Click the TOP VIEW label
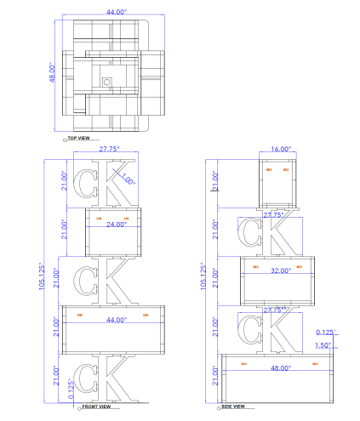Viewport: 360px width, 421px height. coord(78,138)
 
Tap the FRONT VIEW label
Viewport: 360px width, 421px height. coord(96,407)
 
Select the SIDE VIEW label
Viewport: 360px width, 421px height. coord(233,407)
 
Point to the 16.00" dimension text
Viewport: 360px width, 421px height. coord(281,149)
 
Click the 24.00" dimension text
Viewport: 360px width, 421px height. coord(117,225)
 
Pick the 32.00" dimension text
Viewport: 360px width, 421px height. coord(281,270)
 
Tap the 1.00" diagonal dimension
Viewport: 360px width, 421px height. coord(129,179)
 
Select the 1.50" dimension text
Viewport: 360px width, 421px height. coord(323,345)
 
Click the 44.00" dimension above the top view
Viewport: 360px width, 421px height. coord(117,12)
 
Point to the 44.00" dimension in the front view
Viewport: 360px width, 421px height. coord(117,320)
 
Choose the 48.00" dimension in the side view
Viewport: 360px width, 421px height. coord(281,368)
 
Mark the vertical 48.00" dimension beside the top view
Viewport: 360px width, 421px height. coord(52,72)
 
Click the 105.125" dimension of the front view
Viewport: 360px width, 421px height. coord(42,276)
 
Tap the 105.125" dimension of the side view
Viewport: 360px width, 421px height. coord(203,276)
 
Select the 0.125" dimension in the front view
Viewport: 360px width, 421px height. coord(71,389)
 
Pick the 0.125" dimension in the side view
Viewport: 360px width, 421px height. coord(326,332)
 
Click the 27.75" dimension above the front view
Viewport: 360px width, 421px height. coord(109,149)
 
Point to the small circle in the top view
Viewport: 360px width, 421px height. coord(107,82)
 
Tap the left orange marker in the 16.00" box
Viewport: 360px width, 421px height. coord(269,169)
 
